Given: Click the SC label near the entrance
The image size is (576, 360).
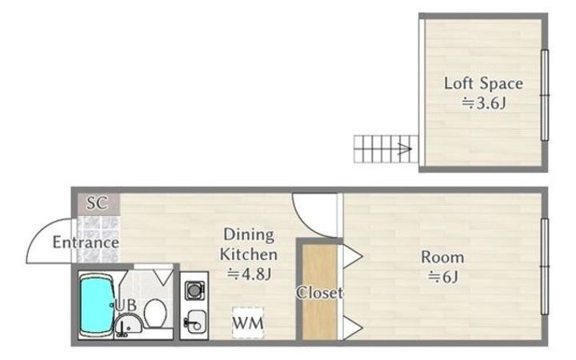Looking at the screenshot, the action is point(97,202).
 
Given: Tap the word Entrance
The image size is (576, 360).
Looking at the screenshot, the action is point(86,242).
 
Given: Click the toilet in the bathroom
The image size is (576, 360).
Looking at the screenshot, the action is point(155,313).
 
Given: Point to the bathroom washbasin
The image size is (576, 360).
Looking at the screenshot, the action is point(129,324).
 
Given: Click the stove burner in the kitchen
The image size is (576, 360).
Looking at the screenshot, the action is point(194,290).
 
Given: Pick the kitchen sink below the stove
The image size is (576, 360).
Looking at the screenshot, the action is point(195,321).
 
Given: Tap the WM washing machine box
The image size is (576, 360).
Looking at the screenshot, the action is point(248,322).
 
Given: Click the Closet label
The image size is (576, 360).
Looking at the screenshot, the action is point(319,293).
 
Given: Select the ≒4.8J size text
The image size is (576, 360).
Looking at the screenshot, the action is point(249,274).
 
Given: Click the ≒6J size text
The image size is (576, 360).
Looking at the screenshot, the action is point(442,277).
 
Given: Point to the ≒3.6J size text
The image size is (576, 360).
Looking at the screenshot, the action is point(483,103).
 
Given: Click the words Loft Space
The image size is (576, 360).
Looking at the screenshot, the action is point(483,83).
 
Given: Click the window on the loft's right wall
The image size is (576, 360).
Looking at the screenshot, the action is point(545,95).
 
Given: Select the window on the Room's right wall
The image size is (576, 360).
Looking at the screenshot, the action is point(545,266).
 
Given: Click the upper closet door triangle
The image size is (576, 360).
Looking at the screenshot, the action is point(353,257).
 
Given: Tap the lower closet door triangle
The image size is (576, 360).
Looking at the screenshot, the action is point(353,327).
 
